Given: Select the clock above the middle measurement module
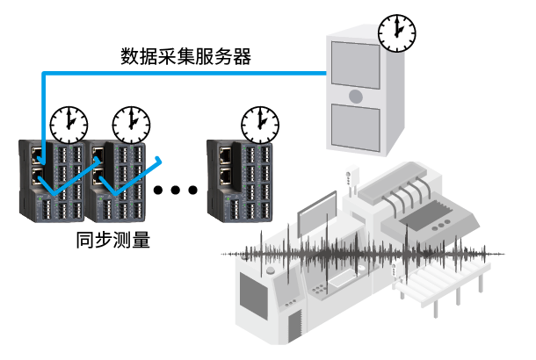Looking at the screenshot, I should point(131,124).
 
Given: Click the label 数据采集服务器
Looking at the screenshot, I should point(185,58).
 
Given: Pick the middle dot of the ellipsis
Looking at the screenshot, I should point(176,190).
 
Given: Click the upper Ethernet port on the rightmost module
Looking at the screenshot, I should point(225,153).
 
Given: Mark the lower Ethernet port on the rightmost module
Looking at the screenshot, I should point(225,173).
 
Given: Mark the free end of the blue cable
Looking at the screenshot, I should point(161,159).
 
